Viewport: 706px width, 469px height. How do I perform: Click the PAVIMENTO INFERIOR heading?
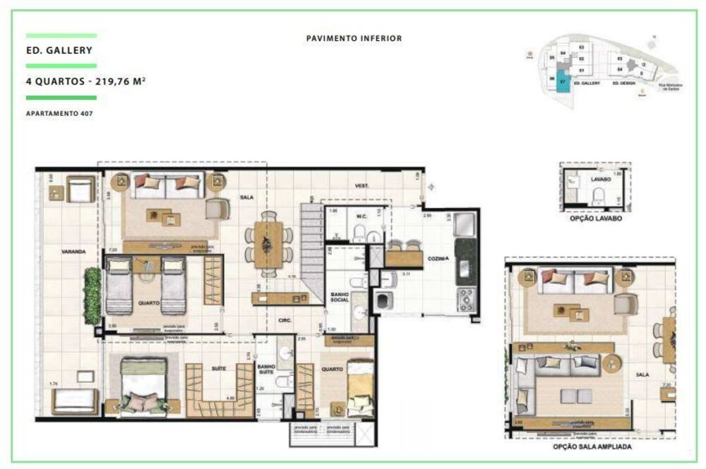pos(354,39)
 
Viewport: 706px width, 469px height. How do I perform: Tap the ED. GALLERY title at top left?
pos(59,51)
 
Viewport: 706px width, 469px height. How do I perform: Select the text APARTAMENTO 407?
pos(59,114)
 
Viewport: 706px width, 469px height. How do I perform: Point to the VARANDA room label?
pos(73,251)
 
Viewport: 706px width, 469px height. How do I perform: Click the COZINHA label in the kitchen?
pos(438,259)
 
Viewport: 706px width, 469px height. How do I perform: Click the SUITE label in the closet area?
pos(218,368)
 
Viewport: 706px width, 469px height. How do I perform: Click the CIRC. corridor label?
pos(285,319)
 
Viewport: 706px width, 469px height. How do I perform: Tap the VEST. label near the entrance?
pos(363,185)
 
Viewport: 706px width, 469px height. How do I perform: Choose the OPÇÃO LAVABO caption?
pos(595,219)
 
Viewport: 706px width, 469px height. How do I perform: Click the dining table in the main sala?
pos(268,245)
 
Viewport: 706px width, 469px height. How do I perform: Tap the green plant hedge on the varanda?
pos(92,296)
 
